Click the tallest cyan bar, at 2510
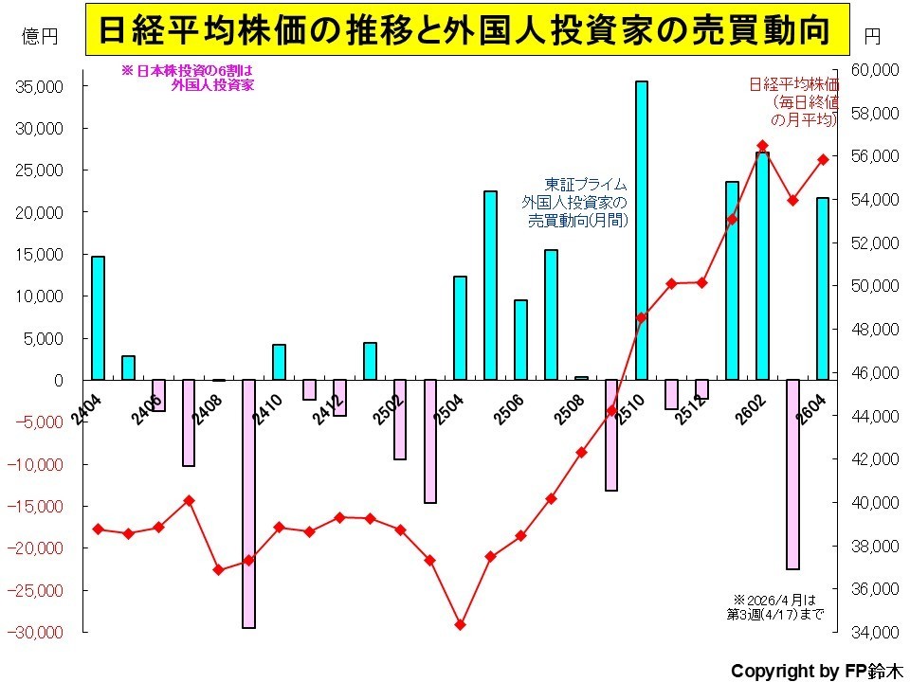(x=642, y=231)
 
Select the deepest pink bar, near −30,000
(x=248, y=504)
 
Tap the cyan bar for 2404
(x=98, y=318)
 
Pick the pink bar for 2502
(x=400, y=420)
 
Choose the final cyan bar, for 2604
(x=823, y=290)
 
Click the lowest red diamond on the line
(x=461, y=625)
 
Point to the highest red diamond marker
(x=762, y=146)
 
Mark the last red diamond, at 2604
(x=823, y=159)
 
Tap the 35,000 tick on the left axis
(x=40, y=86)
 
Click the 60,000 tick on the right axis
(x=875, y=70)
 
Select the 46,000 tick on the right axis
(x=875, y=372)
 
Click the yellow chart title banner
(x=467, y=29)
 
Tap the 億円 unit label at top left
(x=40, y=37)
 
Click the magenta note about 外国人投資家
(x=188, y=79)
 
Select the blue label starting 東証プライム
(x=574, y=203)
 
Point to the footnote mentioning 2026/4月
(x=774, y=606)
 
